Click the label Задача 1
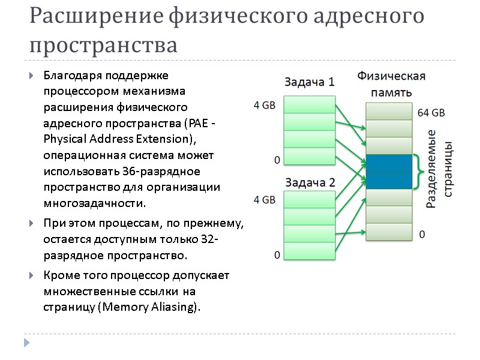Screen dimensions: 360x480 [309, 82]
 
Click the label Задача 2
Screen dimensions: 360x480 [310, 182]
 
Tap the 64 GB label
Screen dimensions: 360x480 [431, 113]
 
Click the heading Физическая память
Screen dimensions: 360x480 [391, 84]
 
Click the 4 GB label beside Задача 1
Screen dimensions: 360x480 [265, 106]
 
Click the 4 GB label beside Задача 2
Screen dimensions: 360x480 [265, 200]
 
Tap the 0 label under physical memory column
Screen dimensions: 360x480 [422, 234]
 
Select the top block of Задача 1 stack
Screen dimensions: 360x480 [310, 105]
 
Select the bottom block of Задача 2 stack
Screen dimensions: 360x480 [310, 251]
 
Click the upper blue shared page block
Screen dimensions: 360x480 [388, 163]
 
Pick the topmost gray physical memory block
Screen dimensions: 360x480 [388, 111]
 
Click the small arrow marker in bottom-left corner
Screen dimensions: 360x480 [26, 343]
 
